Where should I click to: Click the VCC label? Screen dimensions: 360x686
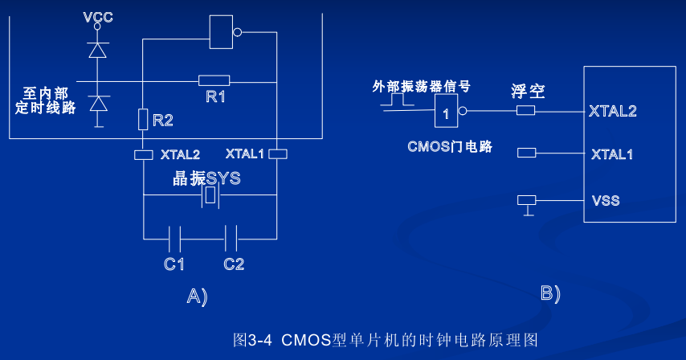coord(98,15)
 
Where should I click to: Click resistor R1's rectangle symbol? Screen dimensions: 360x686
coord(214,80)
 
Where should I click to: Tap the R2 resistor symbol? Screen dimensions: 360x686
coord(142,119)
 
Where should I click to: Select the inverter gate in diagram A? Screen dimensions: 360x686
coord(223,33)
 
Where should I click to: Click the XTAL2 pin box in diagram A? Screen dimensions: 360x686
coord(142,154)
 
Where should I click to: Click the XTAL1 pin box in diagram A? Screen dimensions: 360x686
coord(277,153)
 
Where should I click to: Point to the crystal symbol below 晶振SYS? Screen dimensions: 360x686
coord(211,196)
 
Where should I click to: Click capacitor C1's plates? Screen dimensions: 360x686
coord(175,239)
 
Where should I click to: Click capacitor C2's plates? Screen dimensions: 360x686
coord(231,239)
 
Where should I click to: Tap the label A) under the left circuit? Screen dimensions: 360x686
coord(196,297)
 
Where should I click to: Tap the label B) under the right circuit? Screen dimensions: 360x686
coord(549,294)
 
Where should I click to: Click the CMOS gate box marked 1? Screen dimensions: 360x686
coord(447,113)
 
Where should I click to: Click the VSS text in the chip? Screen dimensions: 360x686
coord(605,199)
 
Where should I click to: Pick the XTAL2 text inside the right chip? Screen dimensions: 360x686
coord(613,111)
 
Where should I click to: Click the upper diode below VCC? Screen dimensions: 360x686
coord(98,50)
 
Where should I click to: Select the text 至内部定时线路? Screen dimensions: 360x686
coord(46,100)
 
